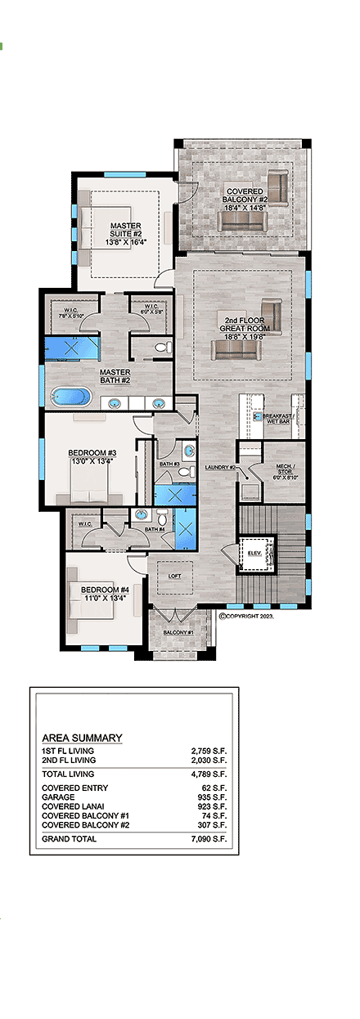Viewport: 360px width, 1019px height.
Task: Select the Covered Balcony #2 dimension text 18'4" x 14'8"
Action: (245, 208)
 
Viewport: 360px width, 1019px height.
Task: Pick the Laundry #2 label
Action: (221, 468)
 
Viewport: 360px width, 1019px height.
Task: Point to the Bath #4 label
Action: (154, 530)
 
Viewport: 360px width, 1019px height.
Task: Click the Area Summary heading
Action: (82, 738)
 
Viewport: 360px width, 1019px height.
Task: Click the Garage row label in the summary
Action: (58, 796)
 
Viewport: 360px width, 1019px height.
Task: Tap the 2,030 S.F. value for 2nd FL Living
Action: (208, 760)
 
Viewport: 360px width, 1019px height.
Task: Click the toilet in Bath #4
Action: (162, 518)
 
